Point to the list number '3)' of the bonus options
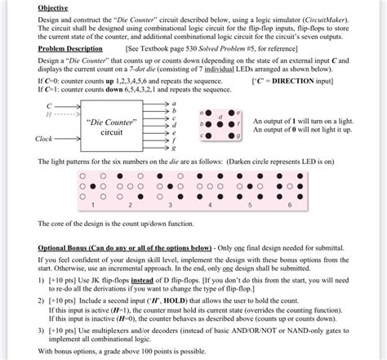pos(42,331)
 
